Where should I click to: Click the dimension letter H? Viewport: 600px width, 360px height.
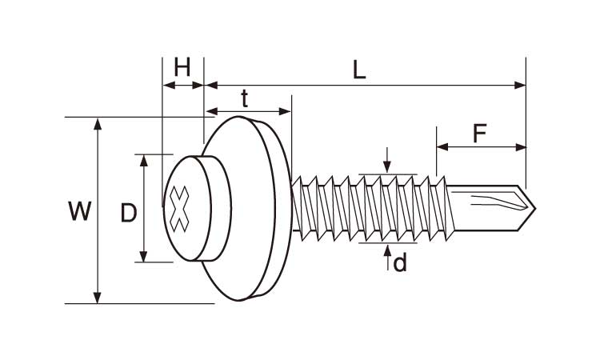(182, 67)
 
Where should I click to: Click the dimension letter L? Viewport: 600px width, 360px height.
(359, 70)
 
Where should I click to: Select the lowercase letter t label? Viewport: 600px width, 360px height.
(245, 98)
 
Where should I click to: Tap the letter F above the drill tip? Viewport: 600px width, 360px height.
(479, 133)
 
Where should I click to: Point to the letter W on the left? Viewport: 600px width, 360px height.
(79, 210)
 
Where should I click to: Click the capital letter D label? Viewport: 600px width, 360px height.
(129, 213)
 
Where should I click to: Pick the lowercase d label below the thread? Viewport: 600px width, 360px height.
(400, 263)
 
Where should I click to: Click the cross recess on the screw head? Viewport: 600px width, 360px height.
(178, 209)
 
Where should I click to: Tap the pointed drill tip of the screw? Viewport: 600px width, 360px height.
(534, 209)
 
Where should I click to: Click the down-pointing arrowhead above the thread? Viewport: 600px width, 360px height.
(387, 167)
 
